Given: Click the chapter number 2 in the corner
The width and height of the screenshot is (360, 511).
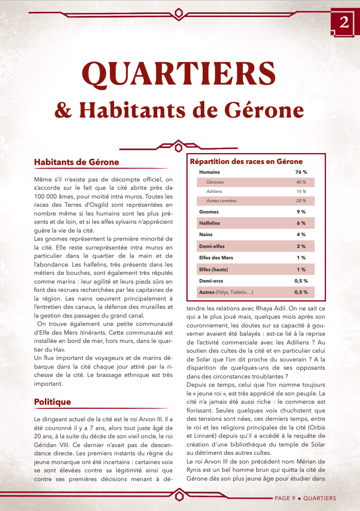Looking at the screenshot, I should coord(344,22).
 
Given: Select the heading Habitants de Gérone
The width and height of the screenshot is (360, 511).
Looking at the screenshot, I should coord(76,162).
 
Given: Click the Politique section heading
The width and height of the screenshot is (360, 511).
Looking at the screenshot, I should coord(52,401).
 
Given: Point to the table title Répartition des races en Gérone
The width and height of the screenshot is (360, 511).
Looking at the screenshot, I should coord(246,161).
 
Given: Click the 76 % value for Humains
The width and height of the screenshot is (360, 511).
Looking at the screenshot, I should coord(301,172).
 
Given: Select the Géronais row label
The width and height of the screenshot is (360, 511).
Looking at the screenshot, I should coord(215,182).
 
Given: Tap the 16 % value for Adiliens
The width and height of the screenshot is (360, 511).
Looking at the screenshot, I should coord(301,191).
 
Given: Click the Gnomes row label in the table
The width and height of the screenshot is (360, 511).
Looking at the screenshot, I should coord(209,212).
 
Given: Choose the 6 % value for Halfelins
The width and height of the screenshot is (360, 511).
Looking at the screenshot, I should coord(301,223).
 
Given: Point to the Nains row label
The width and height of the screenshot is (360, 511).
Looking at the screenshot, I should coord(206,235).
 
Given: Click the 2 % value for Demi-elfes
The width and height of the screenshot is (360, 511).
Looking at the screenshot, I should coord(301,246).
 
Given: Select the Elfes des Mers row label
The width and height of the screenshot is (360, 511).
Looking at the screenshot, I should coord(216,258).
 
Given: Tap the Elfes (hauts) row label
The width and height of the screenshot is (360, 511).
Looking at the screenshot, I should coord(214,270).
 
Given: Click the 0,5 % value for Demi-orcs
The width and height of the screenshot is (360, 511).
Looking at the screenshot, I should coord(301,281).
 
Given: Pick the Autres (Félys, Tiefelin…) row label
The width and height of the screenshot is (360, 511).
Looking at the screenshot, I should coord(226,292).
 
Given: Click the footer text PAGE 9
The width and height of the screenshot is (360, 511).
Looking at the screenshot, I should coord(285,498).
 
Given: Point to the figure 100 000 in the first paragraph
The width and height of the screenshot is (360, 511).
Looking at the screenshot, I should coord(45,196).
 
